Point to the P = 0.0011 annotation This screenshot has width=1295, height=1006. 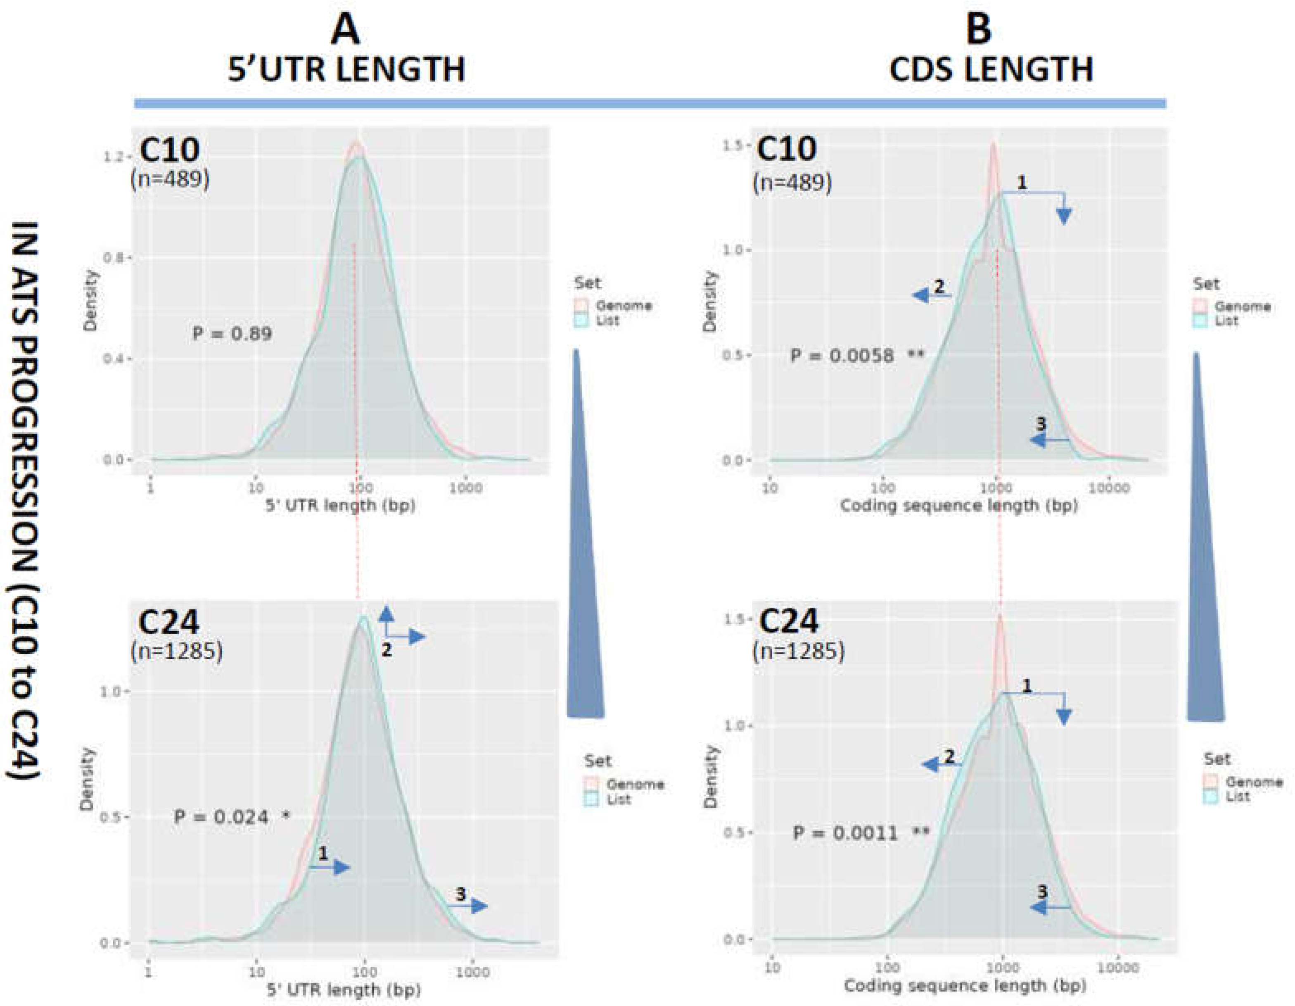tap(860, 833)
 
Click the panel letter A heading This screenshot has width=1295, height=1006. tap(345, 30)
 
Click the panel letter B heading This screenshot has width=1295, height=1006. tap(978, 30)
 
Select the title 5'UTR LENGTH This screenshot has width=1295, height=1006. tap(347, 70)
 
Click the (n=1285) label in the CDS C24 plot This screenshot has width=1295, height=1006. tap(799, 651)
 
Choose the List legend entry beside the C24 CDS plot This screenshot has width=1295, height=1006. tap(1236, 797)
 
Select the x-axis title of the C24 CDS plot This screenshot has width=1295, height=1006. tap(965, 985)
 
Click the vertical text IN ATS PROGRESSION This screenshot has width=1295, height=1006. tap(27, 498)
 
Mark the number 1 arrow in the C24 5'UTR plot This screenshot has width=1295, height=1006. tap(330, 867)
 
